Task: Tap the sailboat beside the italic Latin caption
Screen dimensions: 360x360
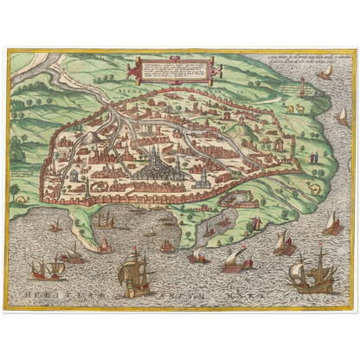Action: [x=325, y=74]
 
